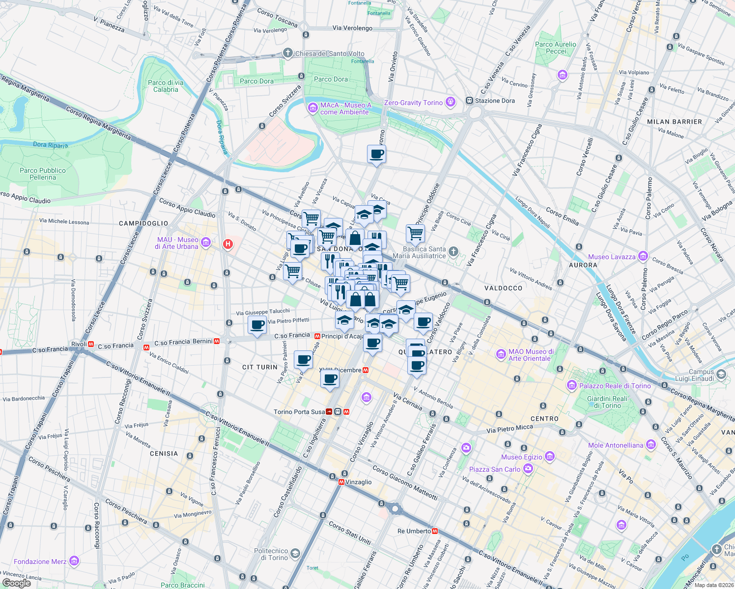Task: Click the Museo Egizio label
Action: [x=521, y=457]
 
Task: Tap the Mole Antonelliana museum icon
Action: [x=651, y=445]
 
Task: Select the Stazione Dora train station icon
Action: [x=469, y=101]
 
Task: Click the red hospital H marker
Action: [x=227, y=244]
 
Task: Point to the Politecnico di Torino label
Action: [x=271, y=554]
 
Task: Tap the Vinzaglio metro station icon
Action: [x=341, y=482]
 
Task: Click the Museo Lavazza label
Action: [x=612, y=257]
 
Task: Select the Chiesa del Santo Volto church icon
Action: [x=288, y=53]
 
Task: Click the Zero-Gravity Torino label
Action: [x=413, y=103]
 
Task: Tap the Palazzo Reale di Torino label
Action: [x=615, y=386]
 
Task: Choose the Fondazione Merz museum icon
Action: [x=74, y=561]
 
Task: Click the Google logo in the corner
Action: [x=17, y=583]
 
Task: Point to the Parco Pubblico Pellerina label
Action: [x=43, y=174]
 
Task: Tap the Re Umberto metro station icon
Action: [x=435, y=531]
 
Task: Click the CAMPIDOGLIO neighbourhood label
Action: [x=143, y=223]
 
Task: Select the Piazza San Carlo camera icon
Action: [x=528, y=469]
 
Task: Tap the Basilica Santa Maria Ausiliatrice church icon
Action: [x=453, y=252]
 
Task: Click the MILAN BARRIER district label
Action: [x=675, y=122]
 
